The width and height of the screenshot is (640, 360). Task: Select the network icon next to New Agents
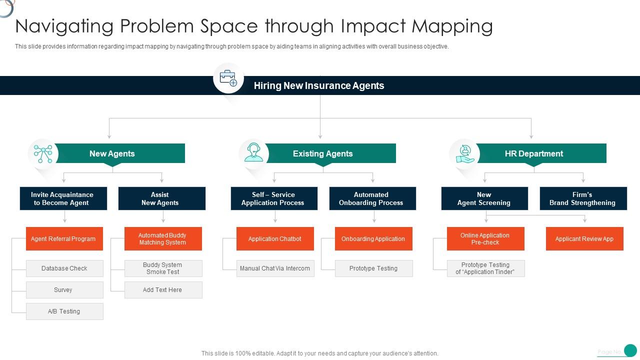tap(43, 153)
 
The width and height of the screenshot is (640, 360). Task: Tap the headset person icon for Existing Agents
tap(253, 152)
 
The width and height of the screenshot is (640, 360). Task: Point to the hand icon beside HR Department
tap(465, 154)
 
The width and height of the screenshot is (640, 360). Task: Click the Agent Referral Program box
tap(64, 239)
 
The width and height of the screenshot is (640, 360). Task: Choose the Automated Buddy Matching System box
tap(163, 239)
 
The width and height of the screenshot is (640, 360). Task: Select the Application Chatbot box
tap(275, 239)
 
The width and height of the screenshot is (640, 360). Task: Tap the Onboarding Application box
tap(373, 239)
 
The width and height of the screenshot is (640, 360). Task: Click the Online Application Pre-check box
tap(485, 239)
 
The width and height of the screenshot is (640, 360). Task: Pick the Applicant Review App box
tap(584, 239)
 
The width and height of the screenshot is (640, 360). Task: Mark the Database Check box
tap(64, 268)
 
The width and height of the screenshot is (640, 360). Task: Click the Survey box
tap(64, 290)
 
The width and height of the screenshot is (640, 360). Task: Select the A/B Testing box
tap(64, 311)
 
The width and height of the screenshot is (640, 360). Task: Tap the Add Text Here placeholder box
tap(163, 290)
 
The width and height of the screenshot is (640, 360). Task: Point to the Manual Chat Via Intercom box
tap(275, 268)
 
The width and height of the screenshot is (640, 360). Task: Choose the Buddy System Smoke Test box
tap(163, 268)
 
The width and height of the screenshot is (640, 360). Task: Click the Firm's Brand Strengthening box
tap(583, 198)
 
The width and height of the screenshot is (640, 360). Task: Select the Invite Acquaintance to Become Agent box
tap(63, 198)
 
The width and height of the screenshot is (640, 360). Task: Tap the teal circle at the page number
tap(630, 350)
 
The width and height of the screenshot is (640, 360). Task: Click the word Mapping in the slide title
tap(452, 27)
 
